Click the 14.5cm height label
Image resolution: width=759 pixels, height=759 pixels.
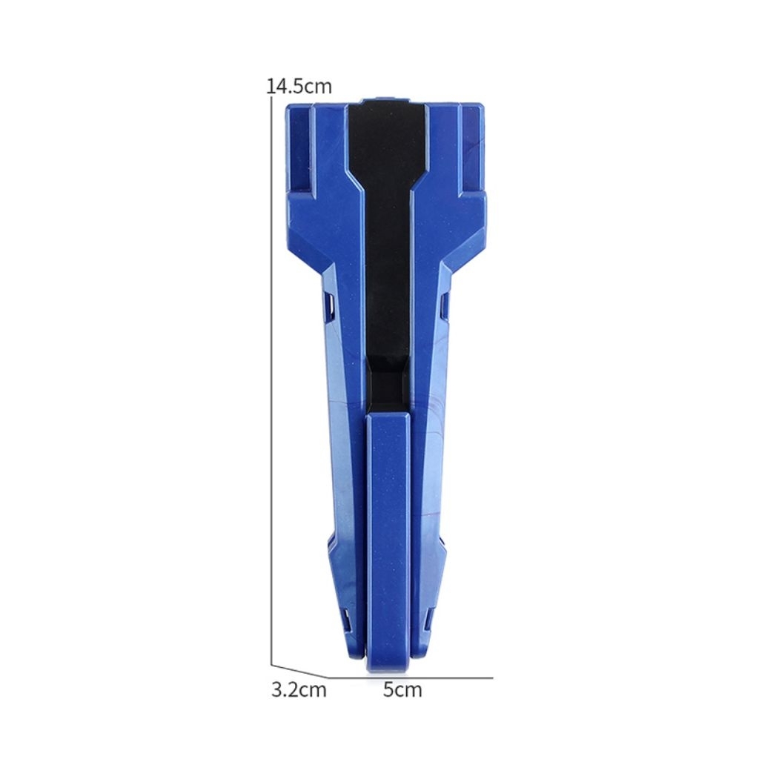[299, 86]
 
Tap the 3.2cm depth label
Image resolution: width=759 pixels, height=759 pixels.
[299, 689]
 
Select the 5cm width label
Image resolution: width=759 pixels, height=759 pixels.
[402, 689]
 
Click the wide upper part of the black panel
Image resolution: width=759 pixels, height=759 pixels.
[387, 140]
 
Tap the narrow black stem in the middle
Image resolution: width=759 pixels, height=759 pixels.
[387, 271]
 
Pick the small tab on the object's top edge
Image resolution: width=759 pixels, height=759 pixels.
[385, 99]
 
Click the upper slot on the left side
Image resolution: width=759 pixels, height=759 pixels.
[331, 308]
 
